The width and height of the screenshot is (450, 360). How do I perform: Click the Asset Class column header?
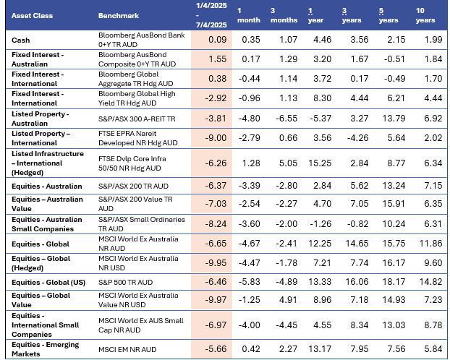(x=28, y=15)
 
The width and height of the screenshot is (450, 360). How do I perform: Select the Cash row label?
(x=22, y=39)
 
